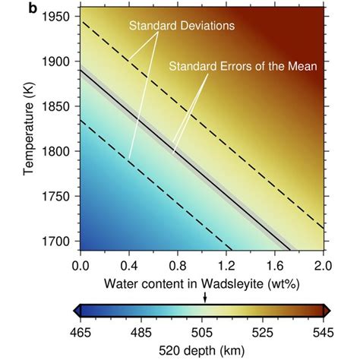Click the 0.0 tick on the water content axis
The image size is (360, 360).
tap(79, 266)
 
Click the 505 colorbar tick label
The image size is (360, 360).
tap(202, 331)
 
